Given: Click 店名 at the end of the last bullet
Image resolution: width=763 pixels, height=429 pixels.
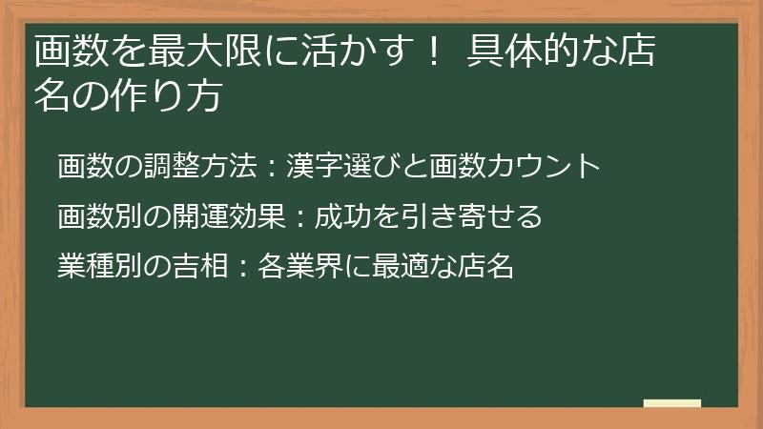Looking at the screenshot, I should coord(485,267).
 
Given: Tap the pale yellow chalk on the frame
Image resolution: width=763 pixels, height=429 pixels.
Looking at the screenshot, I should coord(671,404).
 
